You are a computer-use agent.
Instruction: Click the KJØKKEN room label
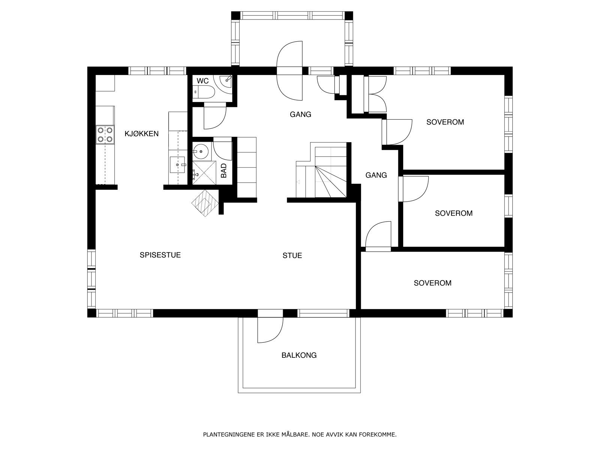pos(142,133)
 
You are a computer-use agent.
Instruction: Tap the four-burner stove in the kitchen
pos(105,135)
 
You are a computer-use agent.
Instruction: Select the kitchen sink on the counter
pos(177,165)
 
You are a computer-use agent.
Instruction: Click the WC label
pos(202,81)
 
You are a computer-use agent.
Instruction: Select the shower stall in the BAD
pos(204,172)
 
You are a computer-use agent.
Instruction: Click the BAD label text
pos(223,171)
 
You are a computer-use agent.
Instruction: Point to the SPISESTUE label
pos(160,255)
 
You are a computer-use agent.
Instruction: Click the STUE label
pos(292,255)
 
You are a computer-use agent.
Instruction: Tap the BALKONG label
pos(299,355)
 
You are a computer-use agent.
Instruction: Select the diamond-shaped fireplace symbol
pos(205,203)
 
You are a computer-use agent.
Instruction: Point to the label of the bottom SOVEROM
pos(432,283)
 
